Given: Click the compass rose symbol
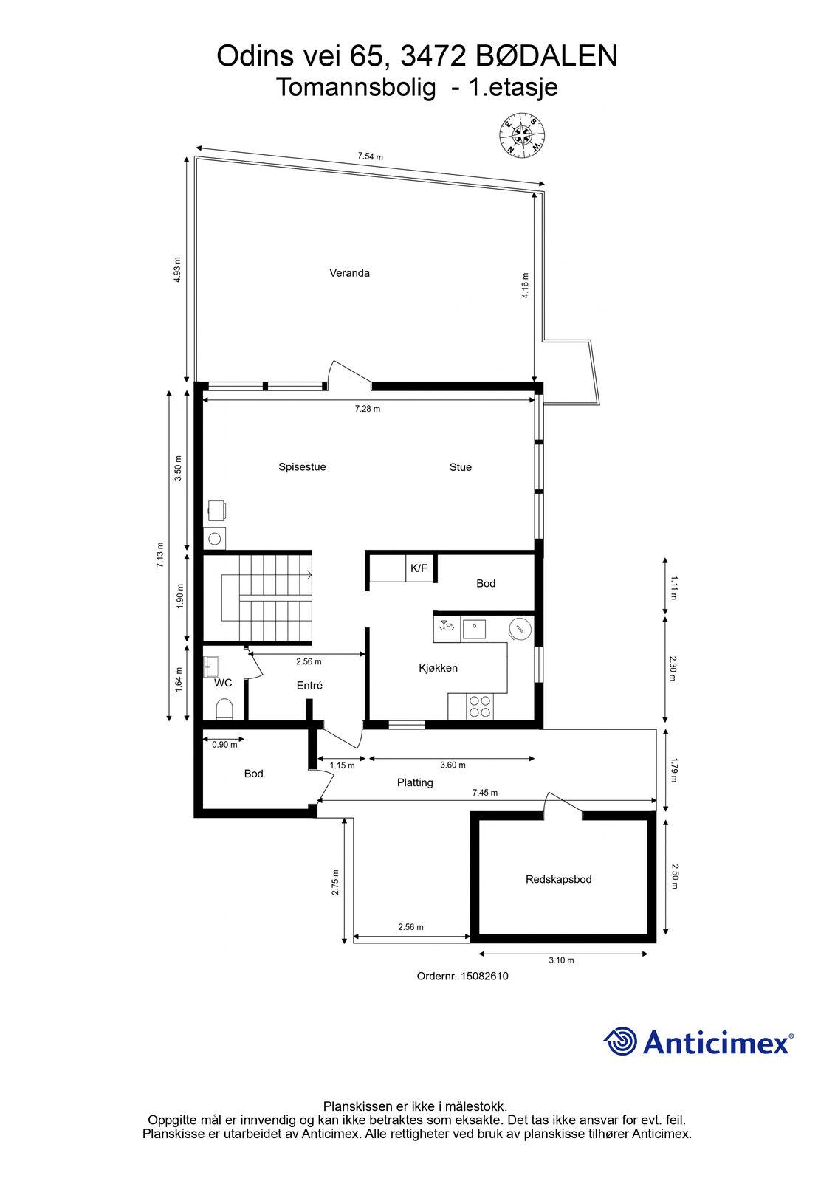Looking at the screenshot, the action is coord(522,134).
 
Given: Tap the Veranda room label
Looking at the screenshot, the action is coord(349,273).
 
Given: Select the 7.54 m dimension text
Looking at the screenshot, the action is coord(371,156).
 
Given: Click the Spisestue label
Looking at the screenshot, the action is coord(302,467).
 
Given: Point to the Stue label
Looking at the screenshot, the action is coord(461,467).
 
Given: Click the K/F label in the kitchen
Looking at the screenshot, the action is coord(419,568).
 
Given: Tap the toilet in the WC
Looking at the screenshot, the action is coord(224,709).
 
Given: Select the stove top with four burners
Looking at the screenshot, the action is coord(480,707).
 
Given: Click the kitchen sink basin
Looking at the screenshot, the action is coord(474,629).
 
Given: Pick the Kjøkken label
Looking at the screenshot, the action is coord(439,668).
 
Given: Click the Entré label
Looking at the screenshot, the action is coord(309,686).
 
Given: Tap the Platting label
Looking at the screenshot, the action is coord(415,783).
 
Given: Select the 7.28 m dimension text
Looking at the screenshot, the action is coord(367,409).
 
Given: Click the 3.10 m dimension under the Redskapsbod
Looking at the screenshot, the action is coord(561,960).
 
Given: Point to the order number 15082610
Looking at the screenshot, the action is coord(484,976).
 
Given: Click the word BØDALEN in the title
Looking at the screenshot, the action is coord(546,56).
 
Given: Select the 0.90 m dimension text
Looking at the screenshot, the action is coord(224,745).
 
